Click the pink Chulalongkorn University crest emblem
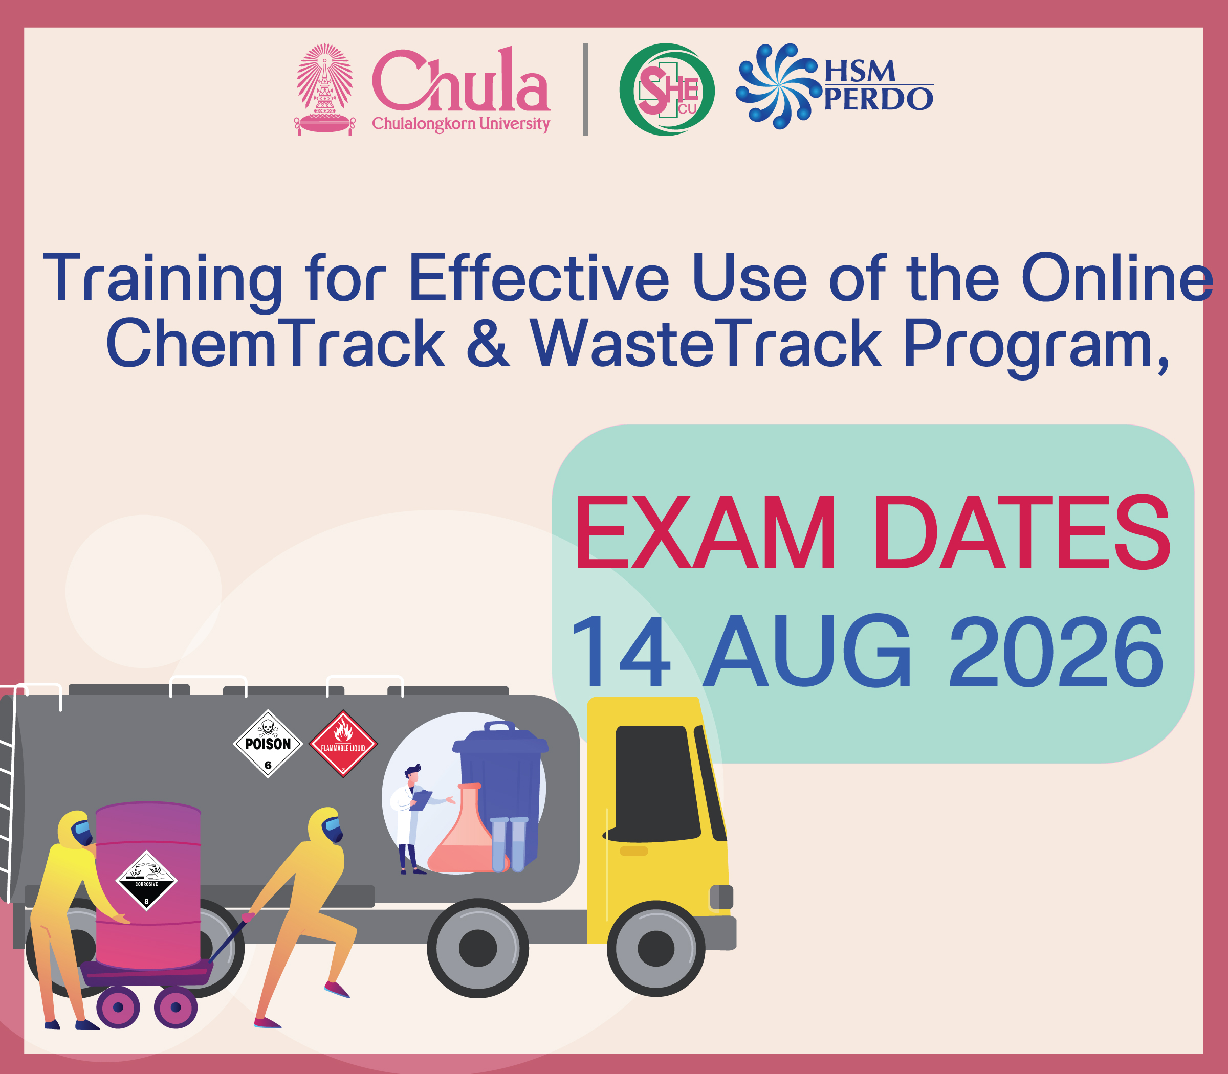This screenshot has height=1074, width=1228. (324, 89)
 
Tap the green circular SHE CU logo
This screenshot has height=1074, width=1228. (667, 89)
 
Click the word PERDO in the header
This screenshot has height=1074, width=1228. (879, 99)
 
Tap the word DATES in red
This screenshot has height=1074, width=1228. (1022, 532)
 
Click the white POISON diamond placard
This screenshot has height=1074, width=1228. (268, 744)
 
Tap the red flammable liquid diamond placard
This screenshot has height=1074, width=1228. (343, 744)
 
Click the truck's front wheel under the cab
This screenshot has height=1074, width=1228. (655, 949)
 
